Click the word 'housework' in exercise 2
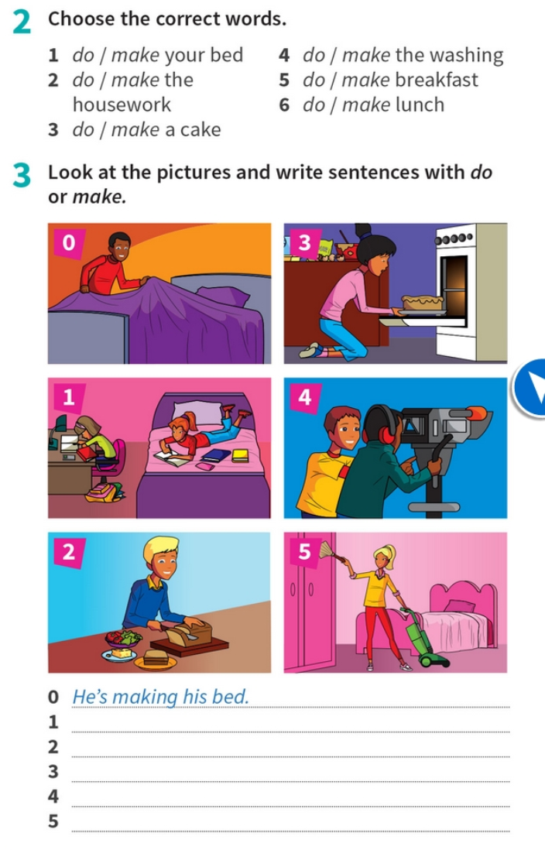[x=122, y=105]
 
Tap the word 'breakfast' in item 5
[x=437, y=80]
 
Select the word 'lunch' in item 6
[x=420, y=105]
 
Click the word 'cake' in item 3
[x=200, y=129]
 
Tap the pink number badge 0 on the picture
[x=67, y=243]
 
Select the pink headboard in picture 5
[x=463, y=596]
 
